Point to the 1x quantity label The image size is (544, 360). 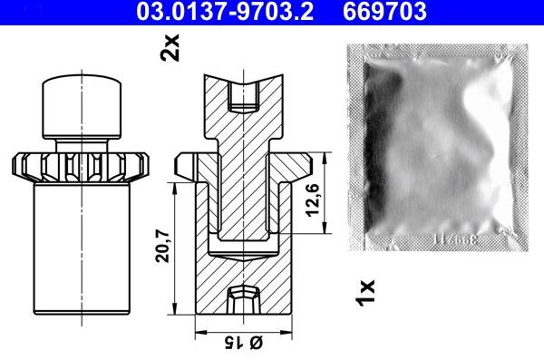tap(365, 293)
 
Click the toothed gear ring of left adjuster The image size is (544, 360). tap(81, 167)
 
